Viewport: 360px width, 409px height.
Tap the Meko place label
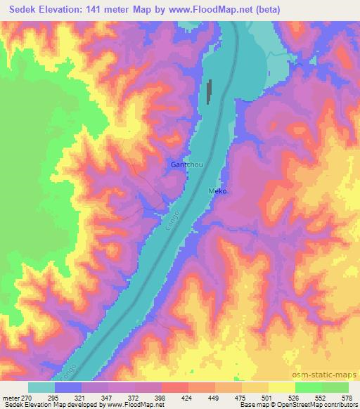click(217, 191)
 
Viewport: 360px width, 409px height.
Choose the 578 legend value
click(346, 398)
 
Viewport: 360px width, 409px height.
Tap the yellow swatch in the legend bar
click(281, 387)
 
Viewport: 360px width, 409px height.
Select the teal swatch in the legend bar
click(41, 387)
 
